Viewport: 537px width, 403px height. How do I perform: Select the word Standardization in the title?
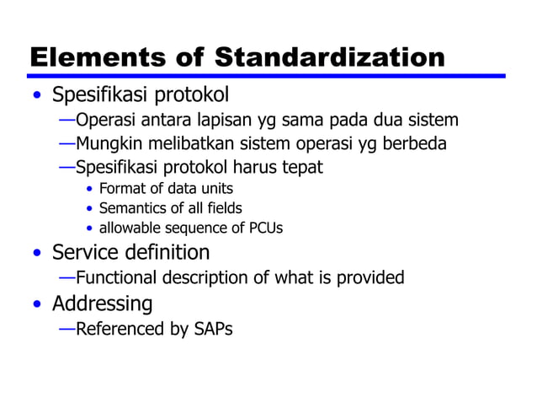329,57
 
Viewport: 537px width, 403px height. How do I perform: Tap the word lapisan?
235,120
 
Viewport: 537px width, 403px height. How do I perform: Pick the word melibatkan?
184,143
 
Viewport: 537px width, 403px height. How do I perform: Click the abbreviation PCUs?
264,228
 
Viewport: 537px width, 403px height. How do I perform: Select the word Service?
85,252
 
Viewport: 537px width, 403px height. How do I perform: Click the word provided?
370,277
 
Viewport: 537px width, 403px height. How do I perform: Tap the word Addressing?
102,303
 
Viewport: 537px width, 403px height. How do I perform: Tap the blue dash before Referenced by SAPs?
66,327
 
